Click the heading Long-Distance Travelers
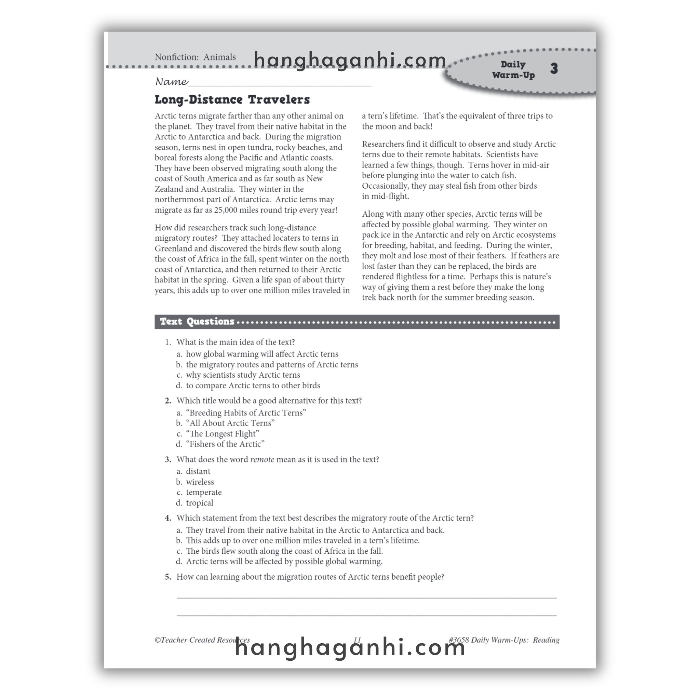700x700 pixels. pos(232,100)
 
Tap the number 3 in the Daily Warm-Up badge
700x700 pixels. pos(554,68)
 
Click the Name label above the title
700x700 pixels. pos(171,82)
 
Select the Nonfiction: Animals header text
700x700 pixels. pos(195,57)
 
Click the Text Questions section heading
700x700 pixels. pos(197,322)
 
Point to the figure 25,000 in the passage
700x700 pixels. pos(225,210)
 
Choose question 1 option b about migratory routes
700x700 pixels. pos(272,364)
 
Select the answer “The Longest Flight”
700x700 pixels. pos(223,434)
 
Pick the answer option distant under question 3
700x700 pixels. pos(198,471)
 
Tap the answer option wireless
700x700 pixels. pos(200,482)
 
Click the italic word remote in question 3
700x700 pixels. pos(262,459)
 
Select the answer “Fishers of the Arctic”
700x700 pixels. pos(225,444)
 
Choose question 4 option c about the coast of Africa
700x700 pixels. pos(284,551)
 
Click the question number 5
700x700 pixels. pos(168,577)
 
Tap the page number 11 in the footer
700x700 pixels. pos(357,640)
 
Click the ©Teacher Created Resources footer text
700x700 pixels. pos(202,640)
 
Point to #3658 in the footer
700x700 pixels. pos(459,640)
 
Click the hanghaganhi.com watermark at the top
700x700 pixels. pos(350,60)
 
